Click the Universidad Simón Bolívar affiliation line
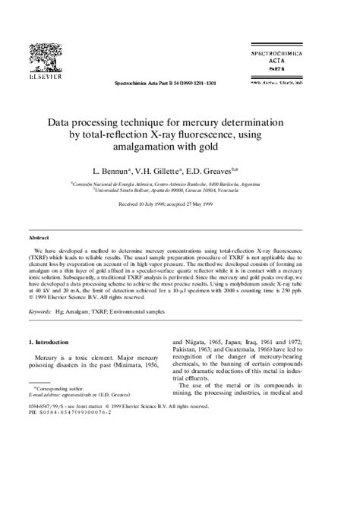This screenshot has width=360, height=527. pos(180,191)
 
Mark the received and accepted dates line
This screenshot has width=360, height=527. pos(180,205)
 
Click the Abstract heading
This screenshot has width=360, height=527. pos(39,238)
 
